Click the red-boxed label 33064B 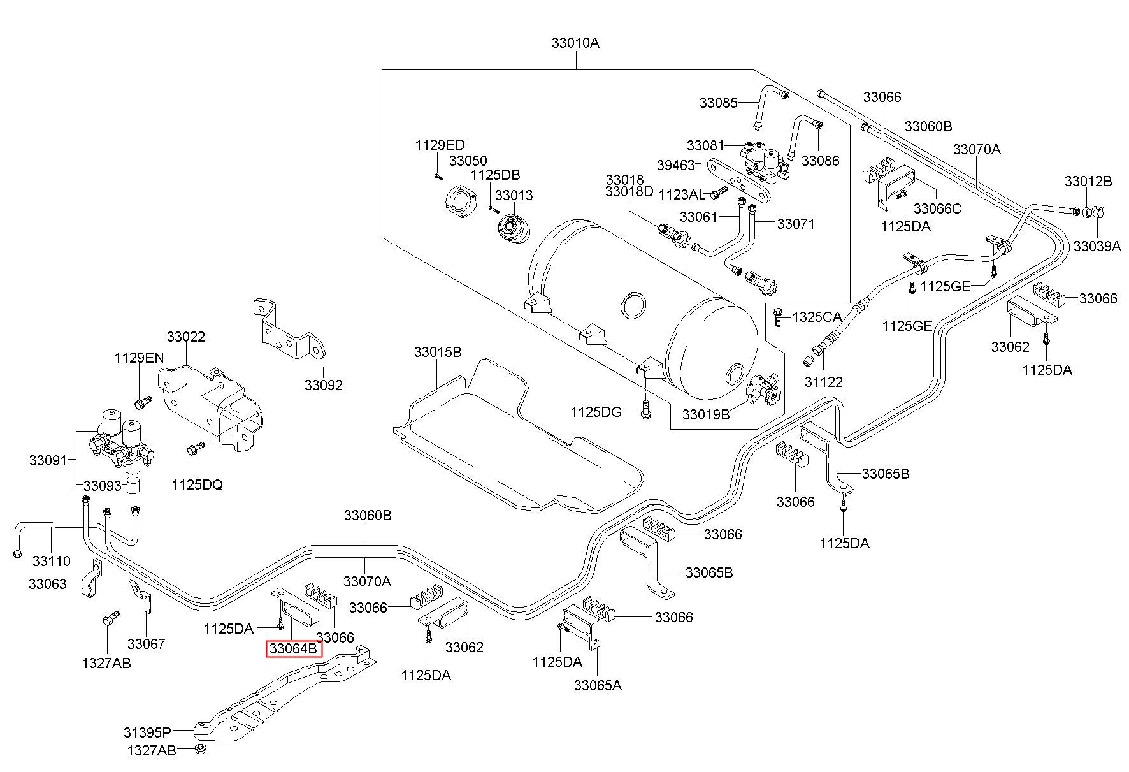click(x=294, y=649)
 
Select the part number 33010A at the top click(x=576, y=43)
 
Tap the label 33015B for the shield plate click(x=438, y=352)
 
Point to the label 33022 click(x=186, y=337)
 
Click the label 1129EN click(x=140, y=358)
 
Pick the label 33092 click(x=323, y=385)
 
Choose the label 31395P click(x=148, y=732)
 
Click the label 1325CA click(x=817, y=317)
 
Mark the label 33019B click(x=706, y=414)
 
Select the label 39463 click(x=675, y=166)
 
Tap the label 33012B click(x=1088, y=181)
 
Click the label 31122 click(x=823, y=382)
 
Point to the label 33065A click(x=598, y=685)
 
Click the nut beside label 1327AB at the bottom click(x=199, y=748)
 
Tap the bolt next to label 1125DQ click(x=195, y=449)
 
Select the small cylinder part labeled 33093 click(x=133, y=484)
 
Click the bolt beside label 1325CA click(x=777, y=316)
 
